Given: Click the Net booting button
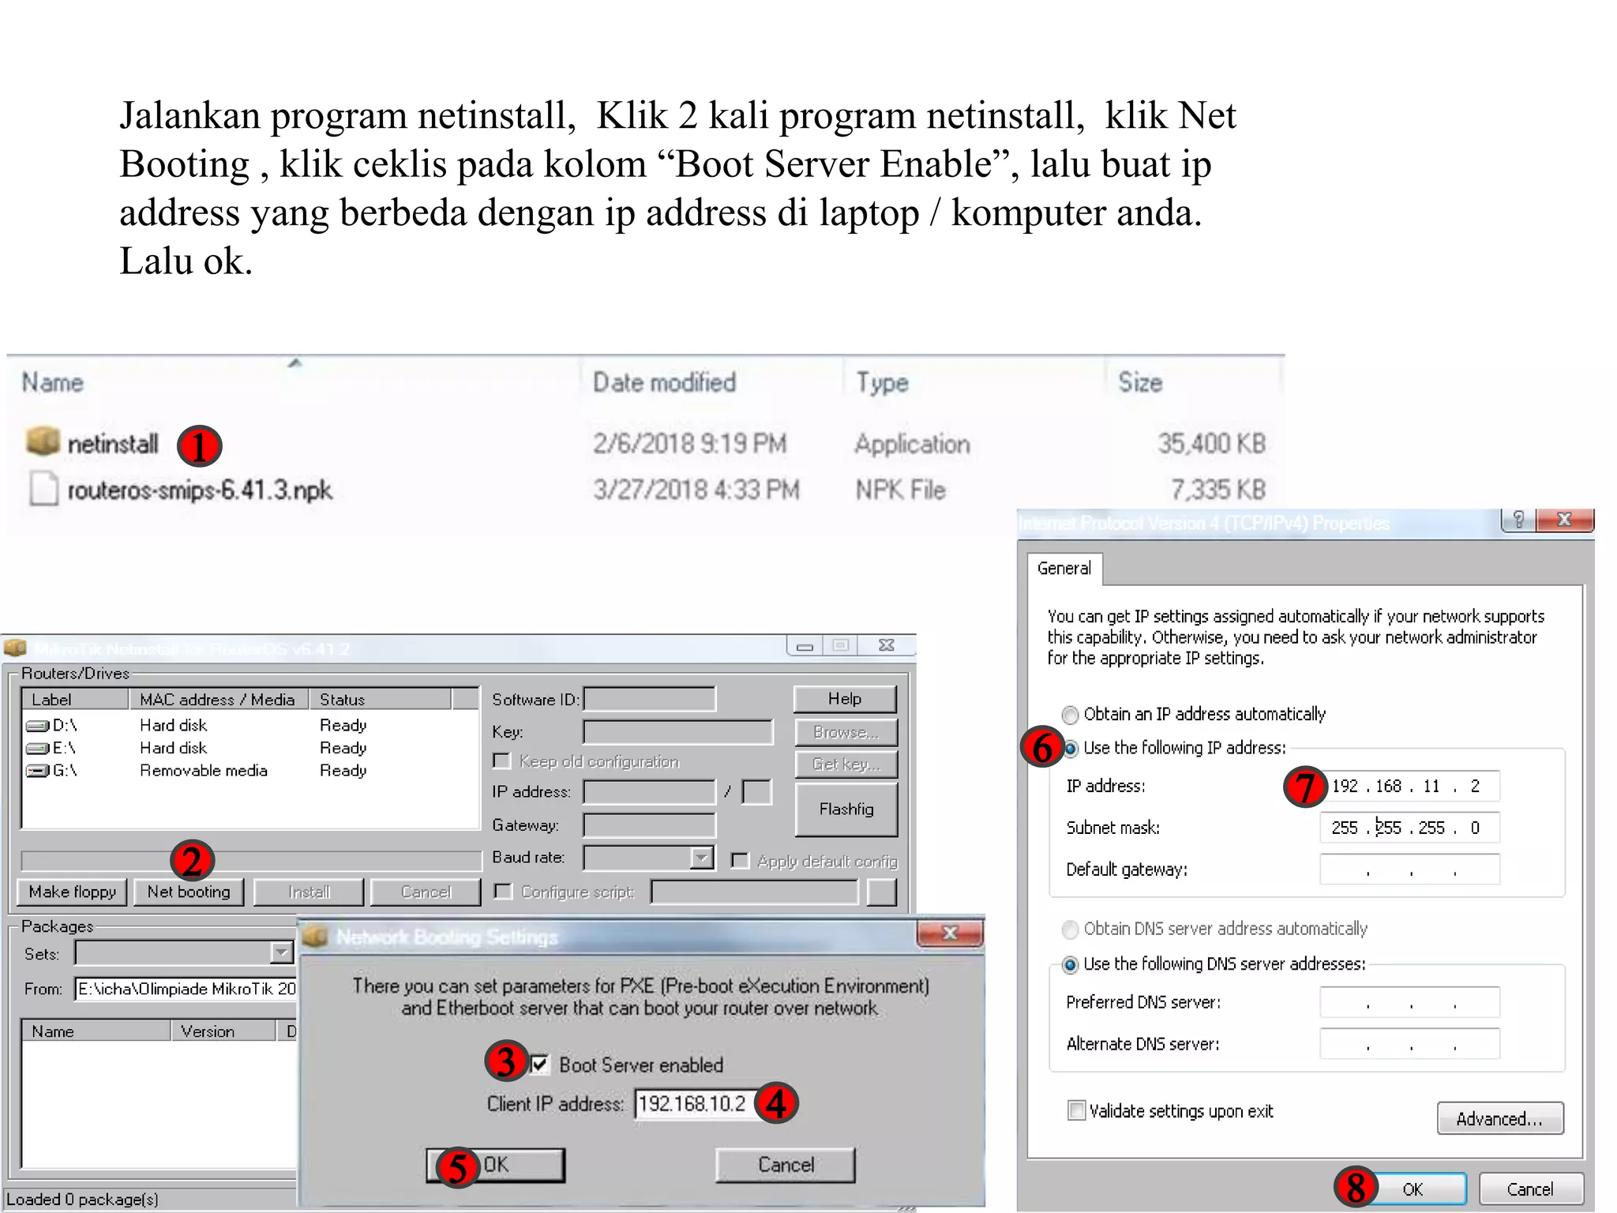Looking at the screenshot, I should pyautogui.click(x=189, y=892).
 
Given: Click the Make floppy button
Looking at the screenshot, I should pyautogui.click(x=72, y=892).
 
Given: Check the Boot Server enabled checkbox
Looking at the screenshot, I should pyautogui.click(x=540, y=1065).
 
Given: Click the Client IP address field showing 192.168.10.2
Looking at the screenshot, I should pyautogui.click(x=692, y=1103).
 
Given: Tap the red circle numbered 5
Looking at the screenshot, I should pyautogui.click(x=457, y=1168).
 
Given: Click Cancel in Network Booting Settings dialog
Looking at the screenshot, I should pyautogui.click(x=785, y=1165).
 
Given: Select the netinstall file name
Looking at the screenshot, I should pyautogui.click(x=112, y=444).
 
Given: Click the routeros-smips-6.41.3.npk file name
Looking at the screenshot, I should pyautogui.click(x=199, y=490).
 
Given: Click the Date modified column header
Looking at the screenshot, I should pyautogui.click(x=664, y=383).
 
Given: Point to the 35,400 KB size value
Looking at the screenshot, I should pyautogui.click(x=1211, y=444).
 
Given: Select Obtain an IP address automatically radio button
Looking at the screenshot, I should pyautogui.click(x=1071, y=715).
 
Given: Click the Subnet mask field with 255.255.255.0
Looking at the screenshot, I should pyautogui.click(x=1409, y=828).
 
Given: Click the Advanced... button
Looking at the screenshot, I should pyautogui.click(x=1499, y=1118).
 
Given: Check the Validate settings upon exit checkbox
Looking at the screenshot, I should pyautogui.click(x=1076, y=1111).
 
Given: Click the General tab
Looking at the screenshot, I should pyautogui.click(x=1064, y=569).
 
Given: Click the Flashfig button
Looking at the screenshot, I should pyautogui.click(x=846, y=809).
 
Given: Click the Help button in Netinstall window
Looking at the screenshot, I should pyautogui.click(x=844, y=699).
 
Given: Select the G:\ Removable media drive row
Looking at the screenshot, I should pyautogui.click(x=203, y=771).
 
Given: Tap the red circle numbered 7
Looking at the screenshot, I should pyautogui.click(x=1304, y=787).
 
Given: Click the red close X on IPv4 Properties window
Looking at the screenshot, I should pyautogui.click(x=1564, y=520).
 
